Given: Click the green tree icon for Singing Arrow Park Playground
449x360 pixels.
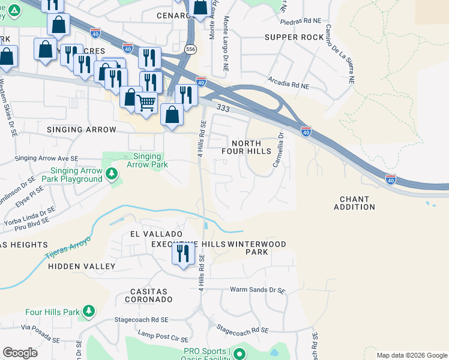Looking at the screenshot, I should [111, 174].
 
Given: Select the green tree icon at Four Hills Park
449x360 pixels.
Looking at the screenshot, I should [88, 311].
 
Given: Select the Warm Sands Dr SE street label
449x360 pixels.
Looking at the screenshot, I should [258, 290].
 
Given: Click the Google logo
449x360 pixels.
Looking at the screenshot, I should [20, 353].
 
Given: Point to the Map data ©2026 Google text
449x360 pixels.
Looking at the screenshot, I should [411, 355].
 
